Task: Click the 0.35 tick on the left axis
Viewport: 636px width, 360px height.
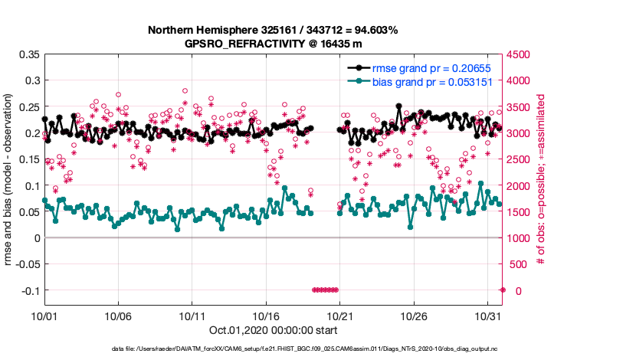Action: (29, 54)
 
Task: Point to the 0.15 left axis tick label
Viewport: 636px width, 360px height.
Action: (29, 159)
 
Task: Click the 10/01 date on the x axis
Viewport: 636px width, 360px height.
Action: (44, 315)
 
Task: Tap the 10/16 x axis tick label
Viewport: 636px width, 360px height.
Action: (265, 315)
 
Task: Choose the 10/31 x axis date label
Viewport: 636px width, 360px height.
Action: (488, 315)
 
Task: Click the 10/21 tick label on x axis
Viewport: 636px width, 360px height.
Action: (339, 315)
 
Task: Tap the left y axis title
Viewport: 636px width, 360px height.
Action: (9, 181)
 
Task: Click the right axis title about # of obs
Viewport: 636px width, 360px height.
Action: (540, 181)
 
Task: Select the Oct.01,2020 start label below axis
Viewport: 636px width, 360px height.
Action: (272, 331)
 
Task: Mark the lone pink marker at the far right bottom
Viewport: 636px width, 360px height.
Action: (503, 290)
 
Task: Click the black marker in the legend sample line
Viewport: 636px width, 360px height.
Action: (358, 68)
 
